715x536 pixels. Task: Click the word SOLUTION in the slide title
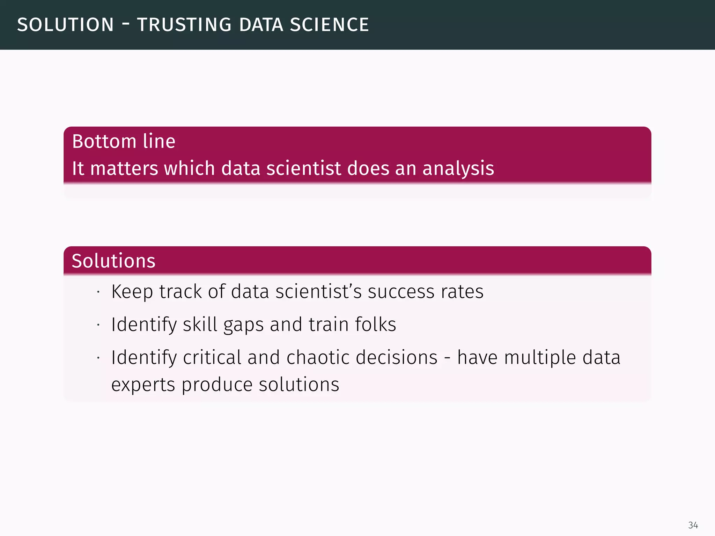point(65,25)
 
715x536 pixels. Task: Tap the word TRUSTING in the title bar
point(184,25)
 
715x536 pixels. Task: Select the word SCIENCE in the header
point(329,25)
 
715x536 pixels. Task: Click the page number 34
point(693,525)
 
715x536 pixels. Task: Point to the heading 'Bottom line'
point(124,141)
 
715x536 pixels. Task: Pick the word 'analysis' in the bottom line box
point(458,168)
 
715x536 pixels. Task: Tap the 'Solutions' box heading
point(113,261)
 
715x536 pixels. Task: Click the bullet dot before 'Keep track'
point(99,292)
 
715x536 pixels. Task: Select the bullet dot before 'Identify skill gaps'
point(99,325)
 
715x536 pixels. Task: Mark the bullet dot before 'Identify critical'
point(99,358)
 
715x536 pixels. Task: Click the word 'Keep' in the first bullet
point(132,291)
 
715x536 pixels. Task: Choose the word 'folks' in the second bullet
point(375,324)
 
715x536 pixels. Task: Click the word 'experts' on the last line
point(143,385)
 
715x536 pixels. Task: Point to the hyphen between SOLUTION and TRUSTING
point(125,24)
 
